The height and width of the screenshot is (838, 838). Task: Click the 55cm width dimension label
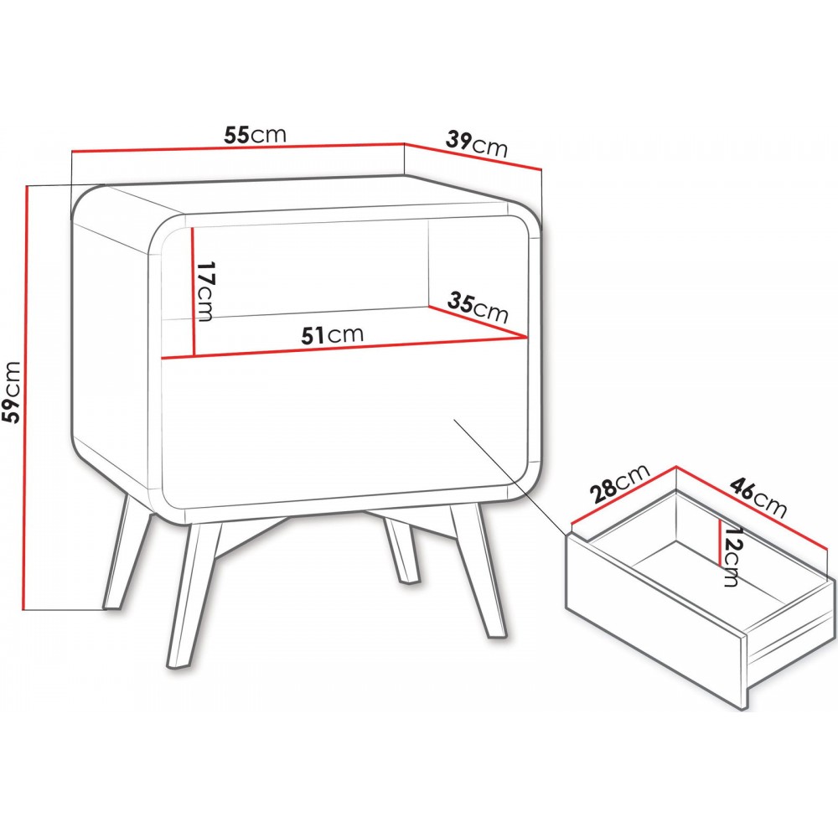coord(255,135)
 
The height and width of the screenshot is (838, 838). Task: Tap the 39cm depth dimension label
coord(476,144)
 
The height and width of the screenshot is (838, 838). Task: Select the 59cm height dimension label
coord(12,391)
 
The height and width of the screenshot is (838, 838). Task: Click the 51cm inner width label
coord(333,335)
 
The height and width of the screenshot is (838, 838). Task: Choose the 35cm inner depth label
coord(478,308)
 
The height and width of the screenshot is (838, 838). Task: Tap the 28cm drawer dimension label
coord(620,483)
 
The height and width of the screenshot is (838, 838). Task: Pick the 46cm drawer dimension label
coord(758,498)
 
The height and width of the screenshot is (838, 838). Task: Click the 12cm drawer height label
coord(731,556)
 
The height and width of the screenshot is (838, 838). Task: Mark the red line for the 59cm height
coord(24,397)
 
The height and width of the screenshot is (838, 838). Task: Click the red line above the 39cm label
coord(473,156)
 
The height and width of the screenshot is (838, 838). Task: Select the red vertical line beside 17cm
coord(192,292)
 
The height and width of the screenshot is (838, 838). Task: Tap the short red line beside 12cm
coord(721,544)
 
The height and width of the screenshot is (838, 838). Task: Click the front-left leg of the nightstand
coord(189,595)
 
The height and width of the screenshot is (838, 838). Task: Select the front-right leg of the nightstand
coord(478,570)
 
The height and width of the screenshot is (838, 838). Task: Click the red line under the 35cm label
coord(478,323)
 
